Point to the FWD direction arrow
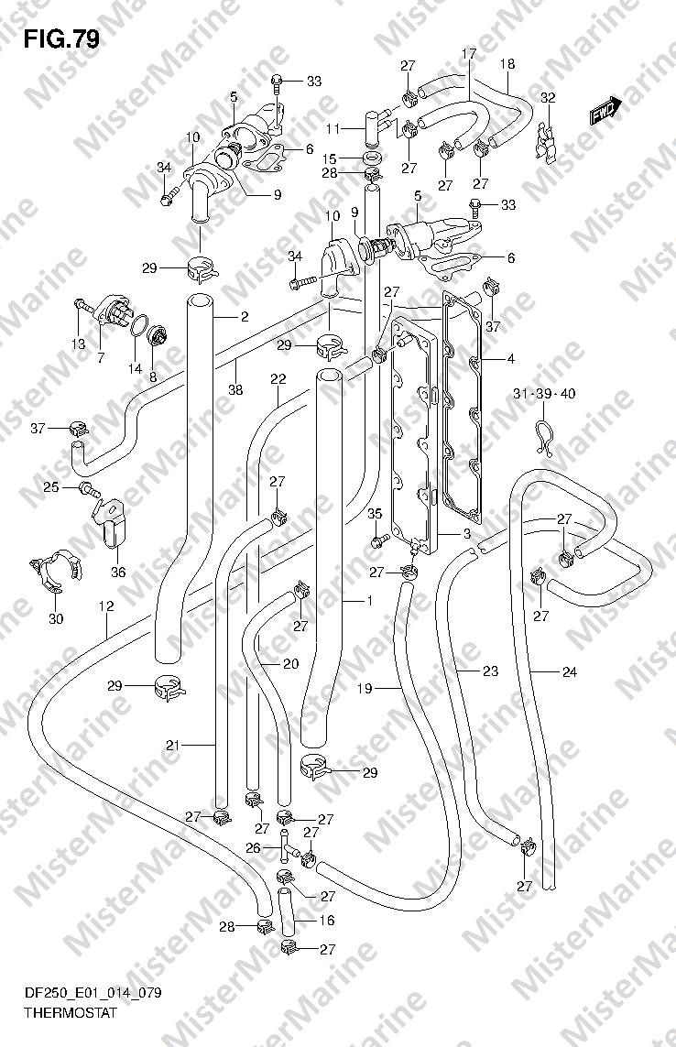coord(605,112)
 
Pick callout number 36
coord(117,573)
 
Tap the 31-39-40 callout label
coord(544,394)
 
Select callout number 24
coord(570,672)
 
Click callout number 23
coord(490,671)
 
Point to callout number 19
coord(365,688)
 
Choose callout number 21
coord(174,746)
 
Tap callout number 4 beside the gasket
coord(510,359)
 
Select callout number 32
coord(548,98)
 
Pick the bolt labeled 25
coord(90,488)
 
